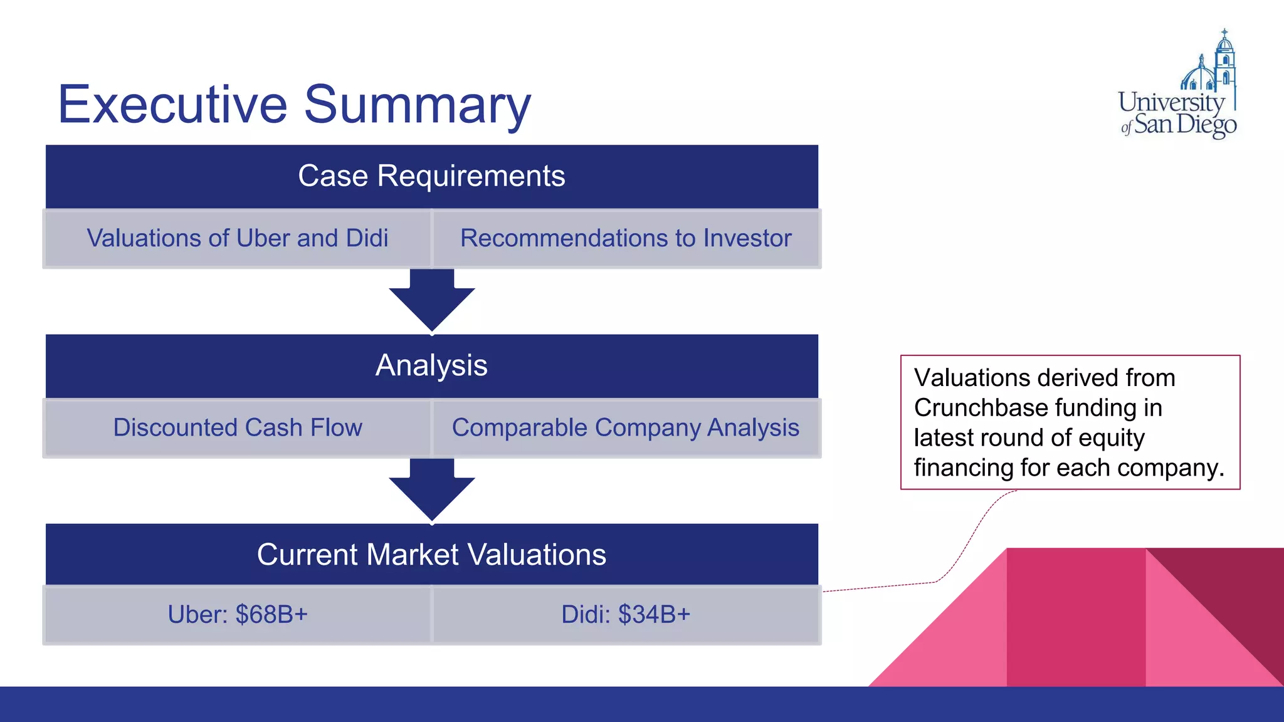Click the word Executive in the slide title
pyautogui.click(x=172, y=105)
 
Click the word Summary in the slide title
pyautogui.click(x=418, y=105)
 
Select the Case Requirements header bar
pyautogui.click(x=431, y=176)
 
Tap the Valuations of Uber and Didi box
pyautogui.click(x=238, y=239)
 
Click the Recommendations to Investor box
pyautogui.click(x=626, y=239)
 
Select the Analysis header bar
pyautogui.click(x=431, y=365)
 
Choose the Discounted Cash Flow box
pyautogui.click(x=238, y=428)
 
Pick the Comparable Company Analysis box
pyautogui.click(x=626, y=428)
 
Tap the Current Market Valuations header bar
pyautogui.click(x=431, y=555)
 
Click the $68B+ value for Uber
pyautogui.click(x=271, y=615)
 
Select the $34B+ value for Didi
pyautogui.click(x=654, y=615)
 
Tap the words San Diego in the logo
pyautogui.click(x=1185, y=125)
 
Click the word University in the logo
pyautogui.click(x=1171, y=102)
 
